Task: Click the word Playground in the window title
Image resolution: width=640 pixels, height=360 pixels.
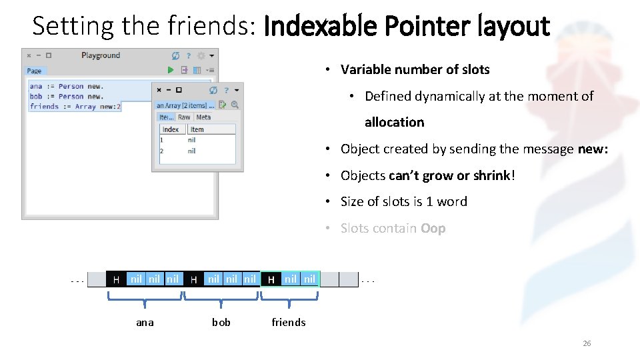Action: pos(101,55)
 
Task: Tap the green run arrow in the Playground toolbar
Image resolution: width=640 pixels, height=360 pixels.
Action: pos(171,70)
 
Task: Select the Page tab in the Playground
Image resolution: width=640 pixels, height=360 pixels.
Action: pos(35,71)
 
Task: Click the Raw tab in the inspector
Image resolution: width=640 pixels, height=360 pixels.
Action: pos(184,117)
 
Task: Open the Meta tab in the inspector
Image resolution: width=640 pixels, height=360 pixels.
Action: pos(203,117)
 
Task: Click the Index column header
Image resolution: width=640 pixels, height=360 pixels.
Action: pos(171,129)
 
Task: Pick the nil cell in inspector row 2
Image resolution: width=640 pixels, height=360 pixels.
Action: pos(192,151)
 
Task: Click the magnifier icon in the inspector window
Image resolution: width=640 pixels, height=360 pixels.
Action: pos(234,105)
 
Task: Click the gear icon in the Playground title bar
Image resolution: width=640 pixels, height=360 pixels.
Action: pos(201,56)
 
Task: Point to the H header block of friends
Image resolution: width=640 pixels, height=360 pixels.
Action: pos(271,279)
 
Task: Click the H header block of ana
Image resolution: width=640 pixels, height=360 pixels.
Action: pos(116,279)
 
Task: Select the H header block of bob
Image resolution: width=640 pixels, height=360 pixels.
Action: pos(193,279)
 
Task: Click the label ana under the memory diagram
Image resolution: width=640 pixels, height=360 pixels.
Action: pos(145,323)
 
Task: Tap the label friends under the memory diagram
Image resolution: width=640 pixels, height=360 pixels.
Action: pos(289,323)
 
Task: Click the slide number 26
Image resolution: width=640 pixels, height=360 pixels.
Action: pos(587,343)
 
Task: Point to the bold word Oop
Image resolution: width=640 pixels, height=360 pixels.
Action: pos(433,228)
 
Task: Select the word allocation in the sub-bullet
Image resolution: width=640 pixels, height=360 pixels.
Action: pos(394,122)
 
